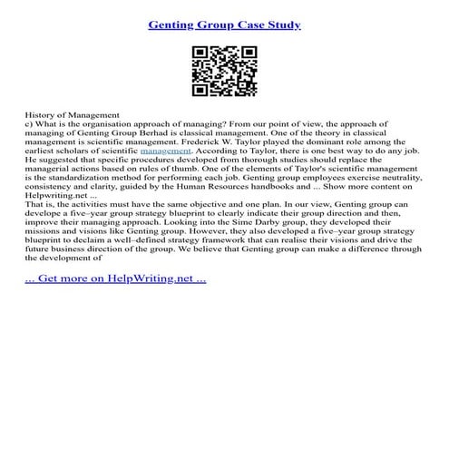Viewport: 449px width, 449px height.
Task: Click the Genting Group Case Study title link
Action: (224, 23)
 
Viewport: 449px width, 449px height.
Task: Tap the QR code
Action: (224, 72)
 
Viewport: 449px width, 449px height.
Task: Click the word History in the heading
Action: (40, 118)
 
